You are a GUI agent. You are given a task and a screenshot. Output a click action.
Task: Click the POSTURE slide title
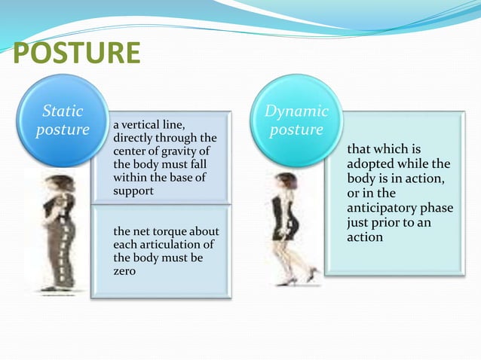tap(77, 53)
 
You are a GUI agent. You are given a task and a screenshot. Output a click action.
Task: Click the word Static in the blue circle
tap(63, 111)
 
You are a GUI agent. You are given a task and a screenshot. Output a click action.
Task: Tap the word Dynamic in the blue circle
tap(296, 111)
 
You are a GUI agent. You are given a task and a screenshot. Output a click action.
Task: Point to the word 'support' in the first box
tap(133, 191)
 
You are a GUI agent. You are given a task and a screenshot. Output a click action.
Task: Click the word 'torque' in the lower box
tap(162, 231)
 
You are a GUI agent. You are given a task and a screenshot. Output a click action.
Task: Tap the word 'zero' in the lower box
tap(124, 271)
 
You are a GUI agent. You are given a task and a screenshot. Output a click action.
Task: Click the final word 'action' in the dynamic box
tap(365, 237)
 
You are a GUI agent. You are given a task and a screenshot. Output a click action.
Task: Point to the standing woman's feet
tap(60, 287)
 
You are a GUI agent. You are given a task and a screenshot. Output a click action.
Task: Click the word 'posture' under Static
tap(63, 130)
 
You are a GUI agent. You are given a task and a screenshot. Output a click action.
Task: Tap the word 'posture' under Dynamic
tap(296, 130)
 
